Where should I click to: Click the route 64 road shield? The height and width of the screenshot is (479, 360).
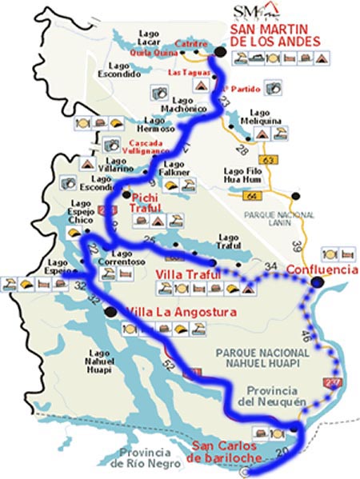click(277, 194)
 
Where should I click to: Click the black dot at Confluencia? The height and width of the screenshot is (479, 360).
click(318, 282)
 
